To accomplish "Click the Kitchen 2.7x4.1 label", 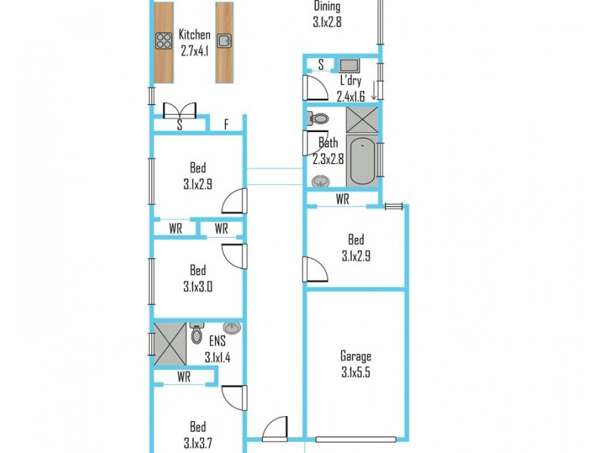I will (x=194, y=42).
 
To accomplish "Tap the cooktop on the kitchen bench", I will (x=164, y=41).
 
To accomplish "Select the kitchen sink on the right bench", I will (x=223, y=41).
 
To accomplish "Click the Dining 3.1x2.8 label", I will (x=327, y=14).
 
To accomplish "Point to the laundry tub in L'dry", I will (x=349, y=65).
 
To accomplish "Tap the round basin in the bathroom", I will (x=320, y=181).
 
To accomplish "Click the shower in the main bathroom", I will (x=362, y=119).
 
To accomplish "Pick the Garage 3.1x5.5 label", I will (x=355, y=363).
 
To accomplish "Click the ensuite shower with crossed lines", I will (x=169, y=344).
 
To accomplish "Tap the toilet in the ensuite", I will (x=197, y=333).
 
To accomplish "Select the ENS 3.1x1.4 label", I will (x=217, y=350).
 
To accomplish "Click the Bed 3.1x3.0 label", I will (x=197, y=278).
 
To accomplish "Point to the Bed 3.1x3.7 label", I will (x=197, y=436).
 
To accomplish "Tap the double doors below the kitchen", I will (x=179, y=110).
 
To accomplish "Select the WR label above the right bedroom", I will (x=342, y=200).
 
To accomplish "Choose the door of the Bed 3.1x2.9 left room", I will (x=235, y=201).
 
